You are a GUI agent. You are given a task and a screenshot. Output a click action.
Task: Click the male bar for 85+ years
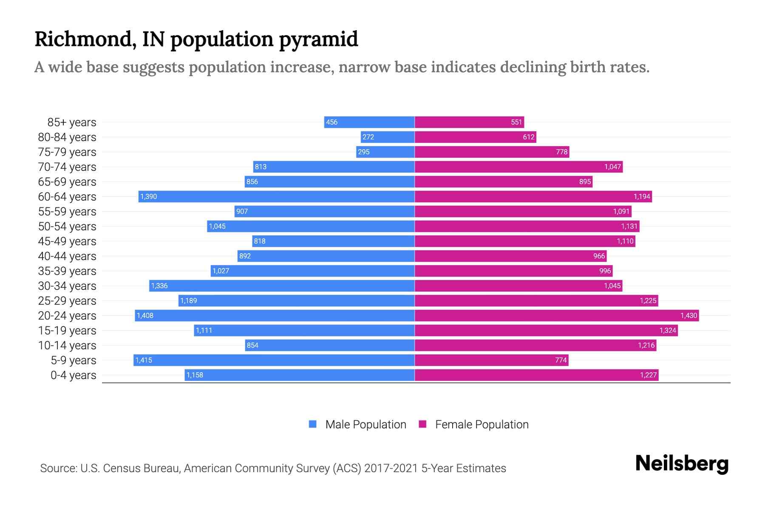[x=369, y=122]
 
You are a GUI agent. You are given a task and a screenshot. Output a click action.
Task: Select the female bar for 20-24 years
[x=557, y=316]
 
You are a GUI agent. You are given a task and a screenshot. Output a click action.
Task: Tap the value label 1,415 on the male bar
[x=144, y=360]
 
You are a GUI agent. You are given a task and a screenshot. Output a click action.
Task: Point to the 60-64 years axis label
[x=67, y=197]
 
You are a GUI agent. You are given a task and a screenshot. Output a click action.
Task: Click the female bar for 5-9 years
[x=491, y=360]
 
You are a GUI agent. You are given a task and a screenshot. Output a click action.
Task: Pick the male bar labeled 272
[x=388, y=137]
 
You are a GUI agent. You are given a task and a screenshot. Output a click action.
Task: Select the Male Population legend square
[x=313, y=424]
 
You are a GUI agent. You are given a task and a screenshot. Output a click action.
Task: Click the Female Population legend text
[x=482, y=425]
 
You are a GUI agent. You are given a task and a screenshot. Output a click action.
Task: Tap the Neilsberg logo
[x=682, y=464]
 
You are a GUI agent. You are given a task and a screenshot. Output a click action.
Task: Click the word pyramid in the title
[x=318, y=39]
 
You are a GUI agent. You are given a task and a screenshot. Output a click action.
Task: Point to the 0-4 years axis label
[x=73, y=375]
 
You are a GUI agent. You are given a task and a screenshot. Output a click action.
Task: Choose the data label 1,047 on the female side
[x=612, y=167]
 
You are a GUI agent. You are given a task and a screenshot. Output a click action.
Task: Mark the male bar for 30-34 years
[x=282, y=286]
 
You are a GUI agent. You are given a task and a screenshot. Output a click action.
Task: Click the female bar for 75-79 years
[x=492, y=152]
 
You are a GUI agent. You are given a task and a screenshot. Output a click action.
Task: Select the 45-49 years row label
[x=67, y=241]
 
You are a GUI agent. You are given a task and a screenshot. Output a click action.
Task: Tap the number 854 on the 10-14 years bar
[x=252, y=346]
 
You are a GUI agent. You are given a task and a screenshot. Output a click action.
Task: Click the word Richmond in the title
[x=85, y=39]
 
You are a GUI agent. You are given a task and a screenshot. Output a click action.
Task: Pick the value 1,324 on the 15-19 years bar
[x=668, y=331]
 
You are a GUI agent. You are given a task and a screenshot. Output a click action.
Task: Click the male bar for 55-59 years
[x=324, y=212]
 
